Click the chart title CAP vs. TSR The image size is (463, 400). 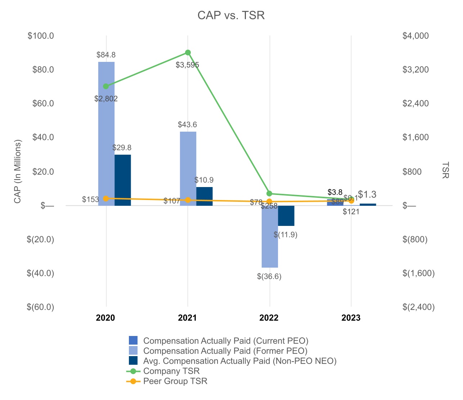coord(231,15)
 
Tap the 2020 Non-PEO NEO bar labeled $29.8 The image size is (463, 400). coord(123,180)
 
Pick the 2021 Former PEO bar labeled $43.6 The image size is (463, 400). coord(188,168)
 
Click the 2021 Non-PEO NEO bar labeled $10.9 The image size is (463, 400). coord(204,196)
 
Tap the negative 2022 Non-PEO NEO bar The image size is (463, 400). coord(286,216)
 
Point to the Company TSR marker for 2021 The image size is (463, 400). coord(188,53)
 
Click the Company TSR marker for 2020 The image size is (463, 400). coord(106,86)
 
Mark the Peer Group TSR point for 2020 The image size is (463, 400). coord(106,199)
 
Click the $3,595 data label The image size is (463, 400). coord(187,65)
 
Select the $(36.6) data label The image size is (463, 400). coord(269,277)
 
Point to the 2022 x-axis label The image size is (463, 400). coord(269,318)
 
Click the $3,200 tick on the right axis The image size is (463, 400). coord(416,69)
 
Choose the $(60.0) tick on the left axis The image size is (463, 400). coord(40,307)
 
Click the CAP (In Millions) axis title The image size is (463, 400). coord(18,171)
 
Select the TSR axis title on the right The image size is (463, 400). coord(445,170)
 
